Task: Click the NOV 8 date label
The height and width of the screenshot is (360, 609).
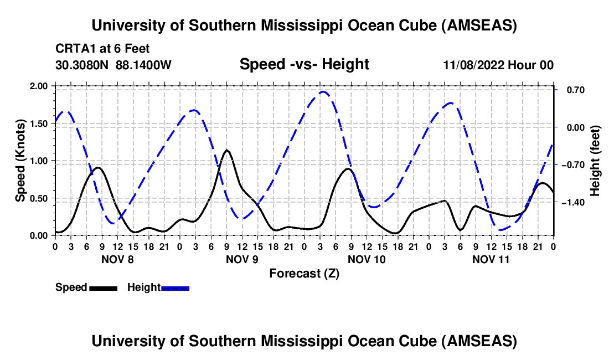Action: [117, 259]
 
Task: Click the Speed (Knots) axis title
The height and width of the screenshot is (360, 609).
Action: [20, 161]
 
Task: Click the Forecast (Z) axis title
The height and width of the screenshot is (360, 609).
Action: [304, 273]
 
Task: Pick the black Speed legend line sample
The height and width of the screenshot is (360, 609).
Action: [102, 287]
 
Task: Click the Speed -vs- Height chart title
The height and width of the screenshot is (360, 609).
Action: [304, 64]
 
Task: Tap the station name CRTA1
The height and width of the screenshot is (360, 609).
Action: [73, 49]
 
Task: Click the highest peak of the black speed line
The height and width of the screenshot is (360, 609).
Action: [226, 150]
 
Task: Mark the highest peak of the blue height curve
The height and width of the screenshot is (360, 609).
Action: [323, 92]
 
